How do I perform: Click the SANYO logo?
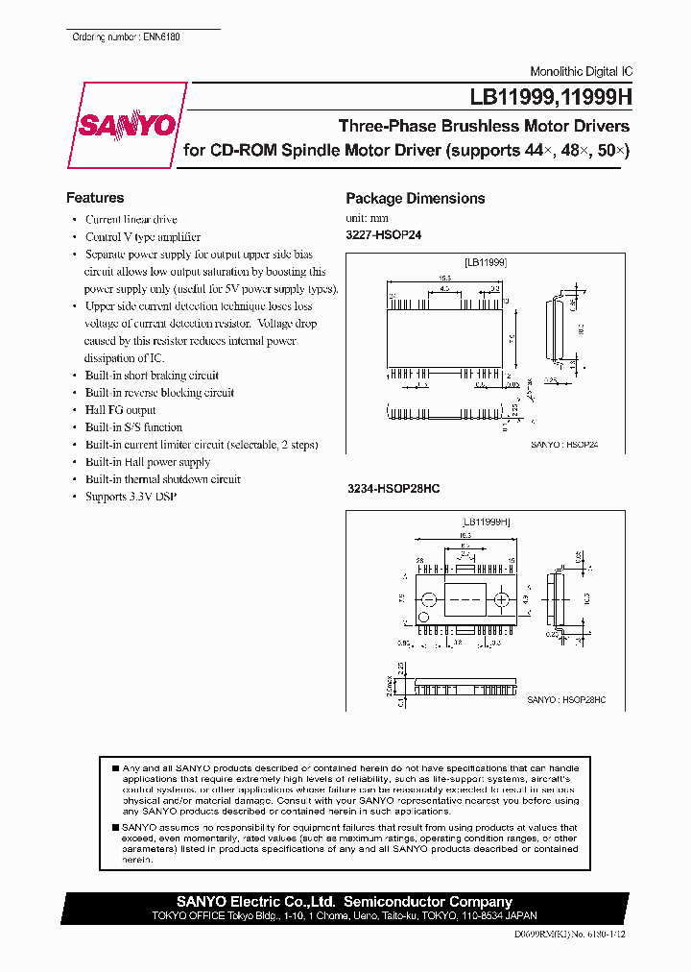[x=127, y=126]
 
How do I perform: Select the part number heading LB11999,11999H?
[x=549, y=97]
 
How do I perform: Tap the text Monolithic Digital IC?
[x=581, y=72]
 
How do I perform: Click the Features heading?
[x=94, y=198]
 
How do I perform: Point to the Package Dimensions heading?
[x=415, y=199]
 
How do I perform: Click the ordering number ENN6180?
[x=126, y=36]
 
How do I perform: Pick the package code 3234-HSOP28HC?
[x=393, y=489]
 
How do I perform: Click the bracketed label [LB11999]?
[x=485, y=261]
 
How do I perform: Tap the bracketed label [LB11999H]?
[x=486, y=522]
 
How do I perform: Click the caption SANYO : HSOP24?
[x=564, y=446]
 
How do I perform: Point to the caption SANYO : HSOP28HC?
[x=566, y=700]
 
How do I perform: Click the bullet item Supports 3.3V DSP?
[x=131, y=497]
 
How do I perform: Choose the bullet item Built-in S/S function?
[x=133, y=427]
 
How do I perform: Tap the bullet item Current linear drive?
[x=131, y=220]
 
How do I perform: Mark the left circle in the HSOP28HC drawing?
[x=429, y=600]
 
